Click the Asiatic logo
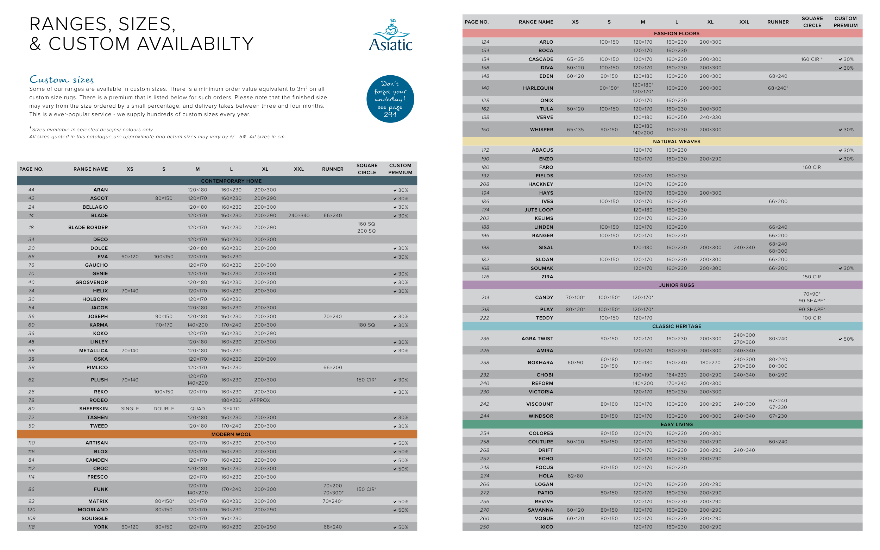pos(390,36)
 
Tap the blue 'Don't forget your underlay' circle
pos(390,99)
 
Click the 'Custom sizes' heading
pos(62,79)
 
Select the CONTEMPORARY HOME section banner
pos(231,181)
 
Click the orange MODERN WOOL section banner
pos(231,434)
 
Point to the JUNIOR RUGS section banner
pos(676,285)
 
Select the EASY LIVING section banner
pos(676,424)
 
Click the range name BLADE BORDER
pos(88,227)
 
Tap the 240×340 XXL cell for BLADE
pos(298,215)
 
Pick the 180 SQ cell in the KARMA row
pos(366,325)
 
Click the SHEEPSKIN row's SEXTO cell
pos(231,409)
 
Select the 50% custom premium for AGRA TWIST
pos(846,339)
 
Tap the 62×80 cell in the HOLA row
pos(575,476)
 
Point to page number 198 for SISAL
pos(485,247)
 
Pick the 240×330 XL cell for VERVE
pos(710,117)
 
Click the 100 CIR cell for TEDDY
pos(811,318)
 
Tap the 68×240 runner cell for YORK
pos(333,527)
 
